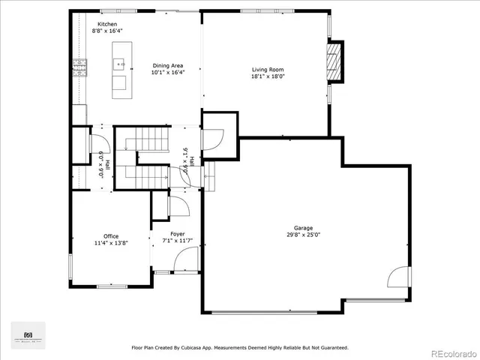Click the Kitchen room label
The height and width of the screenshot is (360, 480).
point(107,24)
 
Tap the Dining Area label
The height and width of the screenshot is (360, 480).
point(168,65)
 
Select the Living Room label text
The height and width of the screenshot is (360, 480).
point(268,70)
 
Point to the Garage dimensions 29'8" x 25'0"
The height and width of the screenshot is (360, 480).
point(303,234)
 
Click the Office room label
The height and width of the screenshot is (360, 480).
point(111,236)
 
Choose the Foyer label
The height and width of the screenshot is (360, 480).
point(178,234)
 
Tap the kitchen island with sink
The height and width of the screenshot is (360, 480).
point(119,69)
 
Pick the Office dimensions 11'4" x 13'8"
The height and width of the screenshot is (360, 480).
point(111,243)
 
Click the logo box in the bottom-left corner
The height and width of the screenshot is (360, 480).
point(28,334)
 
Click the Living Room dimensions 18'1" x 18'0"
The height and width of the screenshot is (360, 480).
point(268,76)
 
